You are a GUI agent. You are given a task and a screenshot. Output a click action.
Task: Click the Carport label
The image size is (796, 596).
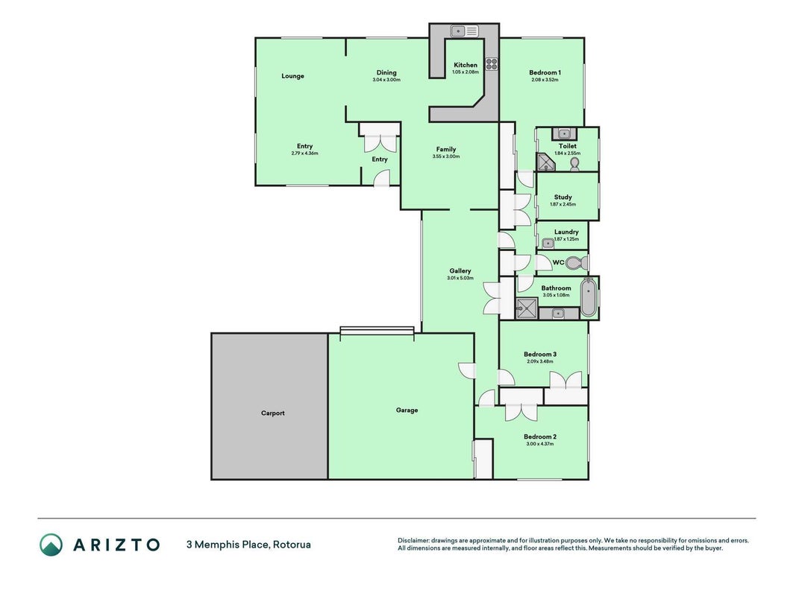tap(272, 413)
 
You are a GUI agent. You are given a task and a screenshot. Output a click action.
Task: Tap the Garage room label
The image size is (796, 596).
tap(407, 410)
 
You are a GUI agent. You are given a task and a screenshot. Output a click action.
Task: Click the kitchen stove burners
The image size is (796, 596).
tap(492, 64)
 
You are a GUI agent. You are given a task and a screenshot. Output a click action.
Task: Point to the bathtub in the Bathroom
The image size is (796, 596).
tap(589, 297)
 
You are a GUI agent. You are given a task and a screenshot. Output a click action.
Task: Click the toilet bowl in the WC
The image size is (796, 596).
tap(577, 263)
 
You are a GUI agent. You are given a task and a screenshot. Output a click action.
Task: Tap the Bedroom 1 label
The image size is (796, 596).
tap(545, 72)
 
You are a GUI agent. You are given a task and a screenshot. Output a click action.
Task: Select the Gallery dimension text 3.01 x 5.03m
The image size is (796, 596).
tap(460, 278)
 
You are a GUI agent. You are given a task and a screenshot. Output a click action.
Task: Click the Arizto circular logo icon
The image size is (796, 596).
tap(51, 545)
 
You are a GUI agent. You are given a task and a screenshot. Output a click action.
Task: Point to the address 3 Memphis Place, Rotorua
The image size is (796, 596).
tap(248, 545)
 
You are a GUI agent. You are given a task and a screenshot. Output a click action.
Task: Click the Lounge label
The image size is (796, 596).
tap(293, 76)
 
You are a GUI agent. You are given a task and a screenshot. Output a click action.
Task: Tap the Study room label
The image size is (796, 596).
tap(563, 197)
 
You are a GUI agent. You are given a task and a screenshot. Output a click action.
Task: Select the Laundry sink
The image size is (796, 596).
tap(548, 244)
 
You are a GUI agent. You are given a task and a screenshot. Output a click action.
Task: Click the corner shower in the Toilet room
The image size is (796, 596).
tap(546, 162)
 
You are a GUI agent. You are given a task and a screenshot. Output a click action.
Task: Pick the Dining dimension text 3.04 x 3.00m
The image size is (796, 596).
tap(386, 80)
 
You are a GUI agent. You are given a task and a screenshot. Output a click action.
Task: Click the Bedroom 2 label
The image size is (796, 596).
tap(540, 437)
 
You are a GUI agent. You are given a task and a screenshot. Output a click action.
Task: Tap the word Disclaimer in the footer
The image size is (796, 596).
tap(413, 541)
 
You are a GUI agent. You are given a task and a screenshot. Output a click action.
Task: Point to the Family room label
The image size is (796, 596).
tap(446, 149)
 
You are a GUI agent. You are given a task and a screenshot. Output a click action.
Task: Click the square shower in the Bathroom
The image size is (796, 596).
tap(527, 308)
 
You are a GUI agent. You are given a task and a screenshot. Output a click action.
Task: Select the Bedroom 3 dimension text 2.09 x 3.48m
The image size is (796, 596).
tap(540, 361)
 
